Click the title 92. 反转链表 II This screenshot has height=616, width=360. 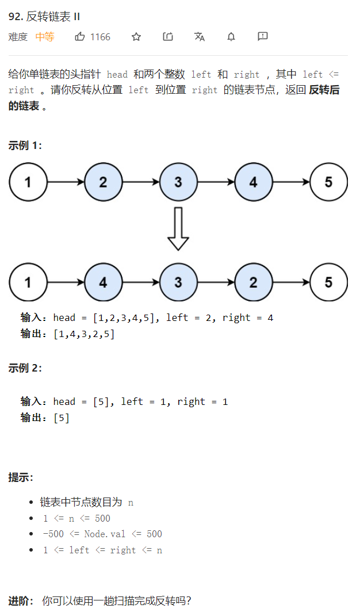tap(44, 16)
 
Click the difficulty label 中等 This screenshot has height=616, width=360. tap(45, 37)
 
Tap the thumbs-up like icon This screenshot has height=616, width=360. tap(80, 37)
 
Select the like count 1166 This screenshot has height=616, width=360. tap(100, 37)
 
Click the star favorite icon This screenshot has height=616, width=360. tap(136, 37)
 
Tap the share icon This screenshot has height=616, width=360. tap(168, 37)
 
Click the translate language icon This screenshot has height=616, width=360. tap(200, 37)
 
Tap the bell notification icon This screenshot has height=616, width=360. tap(231, 37)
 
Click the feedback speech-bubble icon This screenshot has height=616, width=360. tap(263, 37)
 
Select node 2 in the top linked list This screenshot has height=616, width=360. tap(103, 182)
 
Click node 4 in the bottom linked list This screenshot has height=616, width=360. tap(103, 282)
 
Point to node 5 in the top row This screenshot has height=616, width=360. tap(328, 182)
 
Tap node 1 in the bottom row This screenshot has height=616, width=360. tap(28, 282)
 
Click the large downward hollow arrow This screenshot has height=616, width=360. tap(178, 229)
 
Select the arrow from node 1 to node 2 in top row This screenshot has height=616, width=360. tap(66, 182)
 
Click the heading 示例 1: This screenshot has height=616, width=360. tap(25, 146)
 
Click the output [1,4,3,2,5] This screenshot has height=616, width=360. tap(84, 334)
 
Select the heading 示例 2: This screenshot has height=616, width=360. tap(25, 368)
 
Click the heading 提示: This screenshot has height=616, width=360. tap(21, 477)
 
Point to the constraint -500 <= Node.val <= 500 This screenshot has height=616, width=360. tap(102, 534)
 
